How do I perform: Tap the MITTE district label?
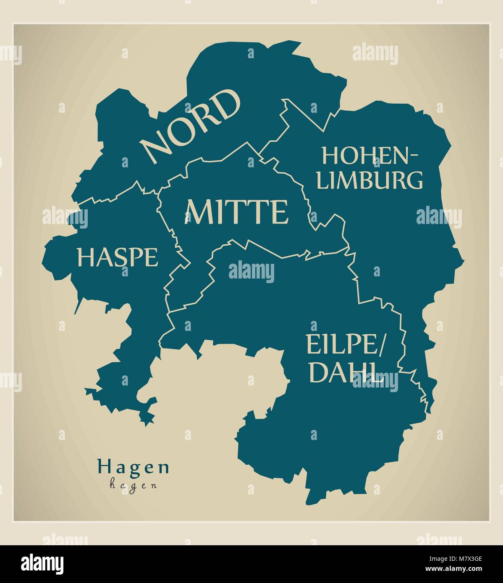[237, 212]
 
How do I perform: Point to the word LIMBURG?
[370, 180]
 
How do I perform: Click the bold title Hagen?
[133, 466]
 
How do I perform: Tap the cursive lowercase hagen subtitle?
[133, 485]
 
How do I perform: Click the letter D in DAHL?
[318, 372]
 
